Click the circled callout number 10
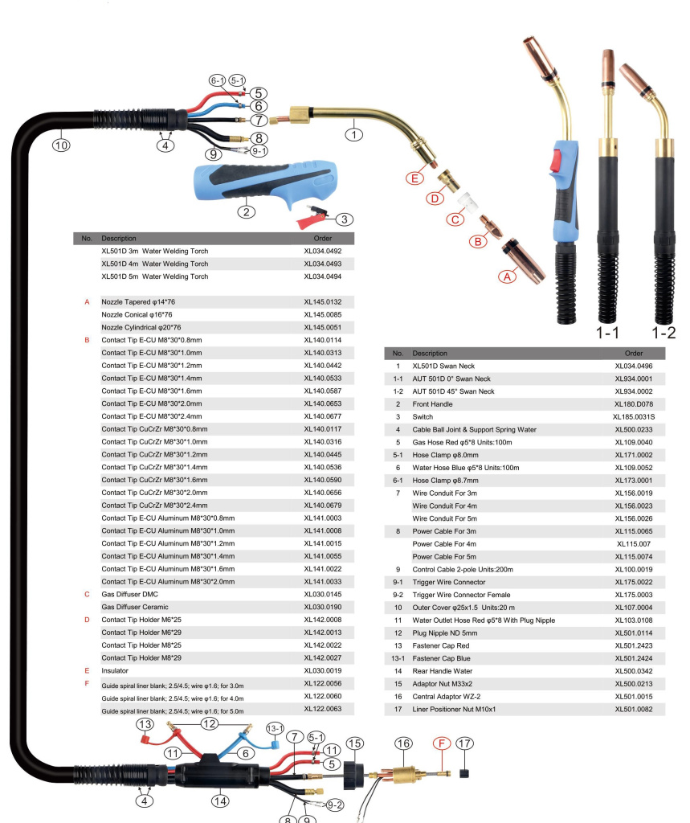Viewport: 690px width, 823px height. pyautogui.click(x=62, y=145)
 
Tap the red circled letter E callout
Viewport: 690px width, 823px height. pyautogui.click(x=414, y=178)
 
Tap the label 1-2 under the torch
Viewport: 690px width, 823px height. pyautogui.click(x=663, y=333)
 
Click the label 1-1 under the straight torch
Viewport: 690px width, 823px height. pyautogui.click(x=607, y=333)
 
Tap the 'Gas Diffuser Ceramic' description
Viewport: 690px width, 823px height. pyautogui.click(x=137, y=607)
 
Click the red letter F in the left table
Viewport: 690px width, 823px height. pyautogui.click(x=86, y=683)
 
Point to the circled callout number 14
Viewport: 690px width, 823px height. pyautogui.click(x=220, y=800)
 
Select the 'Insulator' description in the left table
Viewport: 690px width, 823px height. pyautogui.click(x=116, y=670)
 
